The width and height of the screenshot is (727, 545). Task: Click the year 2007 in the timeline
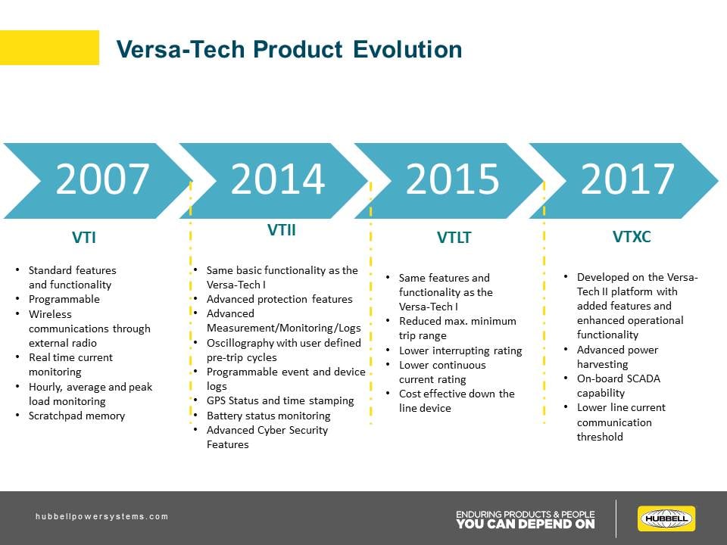click(102, 180)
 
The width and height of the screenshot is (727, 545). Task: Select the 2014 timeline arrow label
click(277, 180)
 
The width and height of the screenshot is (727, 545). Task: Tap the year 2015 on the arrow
click(452, 180)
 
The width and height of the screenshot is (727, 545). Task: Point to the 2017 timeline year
click(627, 180)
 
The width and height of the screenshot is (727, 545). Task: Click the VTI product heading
click(83, 238)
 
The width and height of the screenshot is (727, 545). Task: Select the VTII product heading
click(281, 230)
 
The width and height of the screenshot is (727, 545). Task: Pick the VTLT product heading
click(454, 238)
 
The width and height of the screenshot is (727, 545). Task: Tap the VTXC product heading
click(631, 236)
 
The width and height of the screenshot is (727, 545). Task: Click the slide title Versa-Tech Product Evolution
click(289, 49)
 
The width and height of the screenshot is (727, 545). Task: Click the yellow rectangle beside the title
click(49, 47)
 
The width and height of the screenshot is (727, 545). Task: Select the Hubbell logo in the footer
click(666, 519)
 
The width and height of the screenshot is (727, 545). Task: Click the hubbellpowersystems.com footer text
click(102, 516)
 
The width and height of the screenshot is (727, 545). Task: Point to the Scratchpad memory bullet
click(76, 416)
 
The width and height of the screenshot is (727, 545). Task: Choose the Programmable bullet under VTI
click(64, 299)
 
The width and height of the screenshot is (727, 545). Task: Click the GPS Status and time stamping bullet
click(280, 400)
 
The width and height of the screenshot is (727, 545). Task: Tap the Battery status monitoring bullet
click(268, 416)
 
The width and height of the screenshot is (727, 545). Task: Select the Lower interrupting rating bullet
click(460, 350)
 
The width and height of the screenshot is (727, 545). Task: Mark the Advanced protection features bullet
click(279, 299)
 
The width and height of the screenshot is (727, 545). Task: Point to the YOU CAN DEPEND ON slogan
click(525, 524)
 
